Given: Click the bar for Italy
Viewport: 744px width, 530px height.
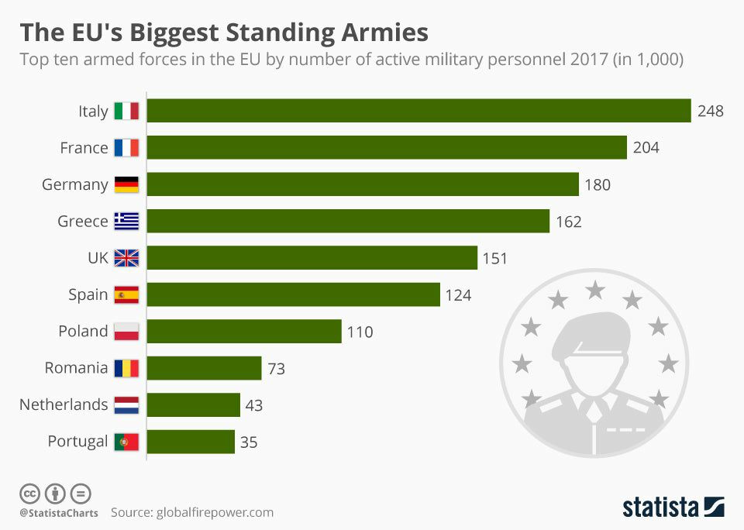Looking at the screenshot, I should tap(418, 111).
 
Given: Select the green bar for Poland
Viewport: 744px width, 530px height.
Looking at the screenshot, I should tap(244, 332).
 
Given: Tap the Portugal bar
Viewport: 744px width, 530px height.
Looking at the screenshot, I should tap(191, 442).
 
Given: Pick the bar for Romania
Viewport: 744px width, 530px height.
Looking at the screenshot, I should tap(204, 368).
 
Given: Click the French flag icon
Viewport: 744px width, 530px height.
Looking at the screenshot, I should tap(126, 148).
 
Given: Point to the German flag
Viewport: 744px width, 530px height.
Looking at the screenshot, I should tap(126, 184).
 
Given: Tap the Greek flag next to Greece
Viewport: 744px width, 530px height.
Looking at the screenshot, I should tap(126, 222).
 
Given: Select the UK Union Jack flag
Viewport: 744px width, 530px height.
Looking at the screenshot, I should tap(126, 258).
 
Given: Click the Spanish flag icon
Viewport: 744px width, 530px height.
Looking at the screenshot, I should tap(126, 294).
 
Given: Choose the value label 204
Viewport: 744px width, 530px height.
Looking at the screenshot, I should tap(646, 148).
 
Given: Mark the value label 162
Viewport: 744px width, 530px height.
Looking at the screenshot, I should tap(569, 222).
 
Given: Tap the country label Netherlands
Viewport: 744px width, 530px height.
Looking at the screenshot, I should tap(64, 404).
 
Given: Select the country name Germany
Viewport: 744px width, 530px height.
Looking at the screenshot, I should tap(74, 184).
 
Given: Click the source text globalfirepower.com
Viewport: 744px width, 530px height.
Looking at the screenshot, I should tap(215, 512).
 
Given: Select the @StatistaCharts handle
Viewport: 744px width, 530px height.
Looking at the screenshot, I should tap(59, 513).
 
